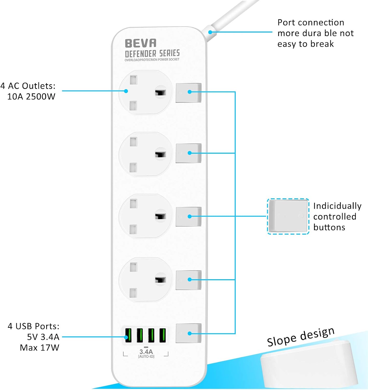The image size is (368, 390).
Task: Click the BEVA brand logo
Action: pyautogui.click(x=140, y=43)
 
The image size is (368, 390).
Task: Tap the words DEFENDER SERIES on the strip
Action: pyautogui.click(x=152, y=53)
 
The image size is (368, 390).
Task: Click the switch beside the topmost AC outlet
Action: pyautogui.click(x=188, y=93)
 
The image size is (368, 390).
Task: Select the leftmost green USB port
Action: pyautogui.click(x=128, y=335)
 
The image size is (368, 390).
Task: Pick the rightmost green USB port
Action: pyautogui.click(x=162, y=335)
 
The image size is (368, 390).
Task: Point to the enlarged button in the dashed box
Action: pyautogui.click(x=288, y=216)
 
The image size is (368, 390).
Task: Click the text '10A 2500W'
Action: pyautogui.click(x=31, y=97)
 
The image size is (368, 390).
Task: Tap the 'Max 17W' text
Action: pyautogui.click(x=39, y=347)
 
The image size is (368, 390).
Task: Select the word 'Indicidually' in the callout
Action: pyautogui.click(x=337, y=206)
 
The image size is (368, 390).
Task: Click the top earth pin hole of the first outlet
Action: pyautogui.click(x=133, y=80)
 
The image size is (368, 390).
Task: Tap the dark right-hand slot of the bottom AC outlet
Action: pyautogui.click(x=160, y=280)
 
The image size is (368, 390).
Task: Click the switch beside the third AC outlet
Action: pyautogui.click(x=188, y=216)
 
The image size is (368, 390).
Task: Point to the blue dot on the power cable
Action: pyautogui.click(x=210, y=32)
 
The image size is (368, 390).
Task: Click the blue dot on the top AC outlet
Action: pyautogui.click(x=126, y=91)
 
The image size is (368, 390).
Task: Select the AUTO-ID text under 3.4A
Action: pyautogui.click(x=146, y=356)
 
